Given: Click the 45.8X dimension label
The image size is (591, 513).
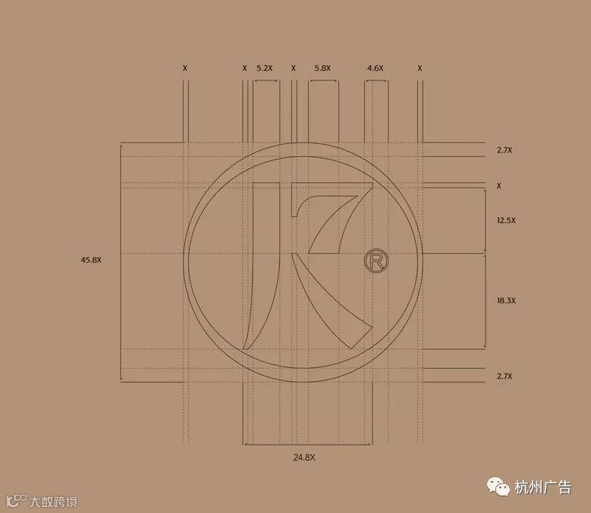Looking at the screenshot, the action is tap(91, 260).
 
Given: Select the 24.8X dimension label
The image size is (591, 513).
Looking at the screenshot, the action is tap(304, 457).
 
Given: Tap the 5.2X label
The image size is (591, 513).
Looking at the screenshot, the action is tap(264, 68).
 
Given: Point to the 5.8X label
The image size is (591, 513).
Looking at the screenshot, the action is tap(322, 68).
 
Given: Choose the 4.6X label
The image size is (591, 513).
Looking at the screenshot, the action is tap(376, 68).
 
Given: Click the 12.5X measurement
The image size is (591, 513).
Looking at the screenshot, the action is tap(506, 220).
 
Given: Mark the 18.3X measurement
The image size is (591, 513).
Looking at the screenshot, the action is tap(506, 301).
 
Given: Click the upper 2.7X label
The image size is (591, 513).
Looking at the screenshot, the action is tap(505, 150).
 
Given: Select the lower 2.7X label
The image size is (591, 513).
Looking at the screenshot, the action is tap(505, 376).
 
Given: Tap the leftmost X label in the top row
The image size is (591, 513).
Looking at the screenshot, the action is tap(184, 68).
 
